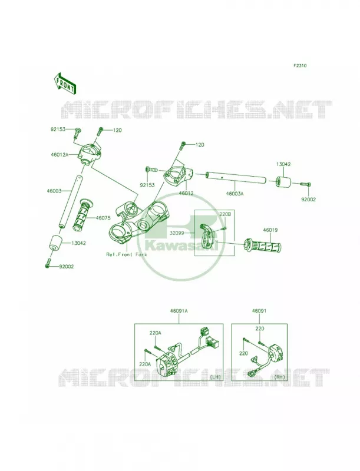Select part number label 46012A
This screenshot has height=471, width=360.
[x=60, y=155]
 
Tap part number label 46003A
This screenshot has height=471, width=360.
[x=235, y=194]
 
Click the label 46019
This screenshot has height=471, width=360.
[x=270, y=230]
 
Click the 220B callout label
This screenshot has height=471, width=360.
[x=224, y=215]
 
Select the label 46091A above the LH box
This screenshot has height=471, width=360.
[x=179, y=311]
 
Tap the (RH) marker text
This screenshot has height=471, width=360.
[x=279, y=376]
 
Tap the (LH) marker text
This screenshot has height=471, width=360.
[x=215, y=376]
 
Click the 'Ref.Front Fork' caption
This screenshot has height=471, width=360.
[x=127, y=254]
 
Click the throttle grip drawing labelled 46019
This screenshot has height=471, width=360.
[x=263, y=245]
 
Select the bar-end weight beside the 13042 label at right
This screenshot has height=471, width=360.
[x=283, y=182]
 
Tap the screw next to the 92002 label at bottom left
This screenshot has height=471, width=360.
[x=49, y=262]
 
